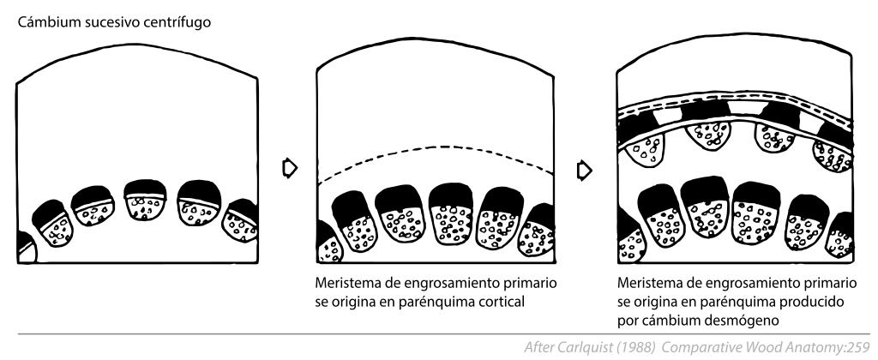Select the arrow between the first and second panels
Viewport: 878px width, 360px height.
(x=290, y=167)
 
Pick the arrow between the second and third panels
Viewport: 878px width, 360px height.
(x=584, y=170)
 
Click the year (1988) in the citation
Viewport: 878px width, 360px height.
(x=636, y=348)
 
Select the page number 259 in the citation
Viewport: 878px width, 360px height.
(x=859, y=348)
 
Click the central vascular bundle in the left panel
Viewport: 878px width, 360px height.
(x=145, y=200)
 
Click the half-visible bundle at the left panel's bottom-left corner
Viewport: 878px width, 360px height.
(x=26, y=248)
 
